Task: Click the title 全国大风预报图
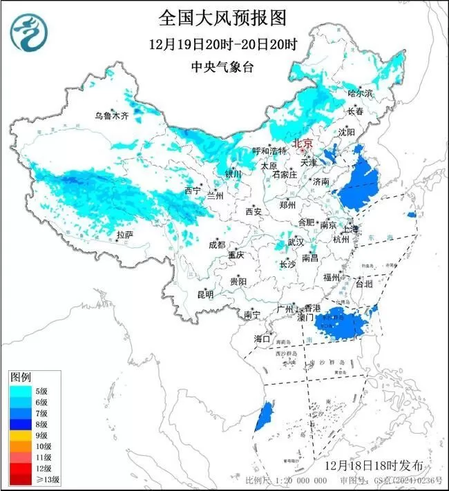pos(222,17)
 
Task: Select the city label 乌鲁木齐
pos(112,116)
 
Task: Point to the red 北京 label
pos(303,144)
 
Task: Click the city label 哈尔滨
pos(360,93)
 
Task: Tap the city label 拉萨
pos(124,235)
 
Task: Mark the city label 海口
pos(261,338)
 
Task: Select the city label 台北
pos(363,284)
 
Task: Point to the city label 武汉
pos(296,242)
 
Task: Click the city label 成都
pos(217,244)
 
